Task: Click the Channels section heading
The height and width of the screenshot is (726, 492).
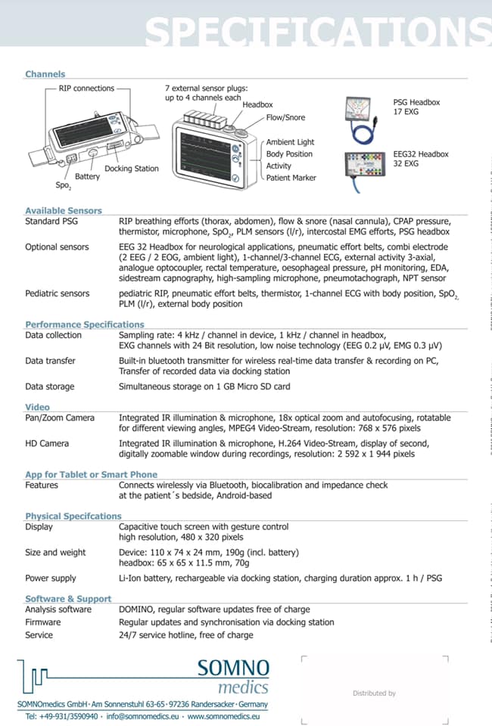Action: [x=45, y=74]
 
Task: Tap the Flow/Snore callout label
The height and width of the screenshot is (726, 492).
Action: [x=285, y=118]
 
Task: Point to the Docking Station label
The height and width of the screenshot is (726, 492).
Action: [x=132, y=169]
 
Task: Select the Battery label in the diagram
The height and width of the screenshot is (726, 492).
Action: [x=87, y=176]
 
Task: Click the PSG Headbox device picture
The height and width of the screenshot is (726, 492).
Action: [x=363, y=119]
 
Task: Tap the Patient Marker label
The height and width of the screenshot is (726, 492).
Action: [x=291, y=178]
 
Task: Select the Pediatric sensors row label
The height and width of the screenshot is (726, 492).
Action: [x=57, y=293]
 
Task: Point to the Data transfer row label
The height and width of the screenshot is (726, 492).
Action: [x=50, y=361]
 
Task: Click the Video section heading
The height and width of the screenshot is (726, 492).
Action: [x=37, y=407]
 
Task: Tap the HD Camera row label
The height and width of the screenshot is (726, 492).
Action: [x=47, y=444]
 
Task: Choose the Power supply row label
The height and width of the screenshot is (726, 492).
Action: [x=51, y=579]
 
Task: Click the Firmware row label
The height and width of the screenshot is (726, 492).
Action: [x=42, y=622]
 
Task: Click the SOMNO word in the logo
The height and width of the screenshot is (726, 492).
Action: [x=233, y=668]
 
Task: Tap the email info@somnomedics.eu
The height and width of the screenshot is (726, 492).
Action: [x=142, y=716]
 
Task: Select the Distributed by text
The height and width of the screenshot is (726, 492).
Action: [x=375, y=693]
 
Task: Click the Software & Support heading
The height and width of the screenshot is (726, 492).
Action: [x=68, y=599]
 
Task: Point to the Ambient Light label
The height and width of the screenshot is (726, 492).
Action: [x=290, y=142]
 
